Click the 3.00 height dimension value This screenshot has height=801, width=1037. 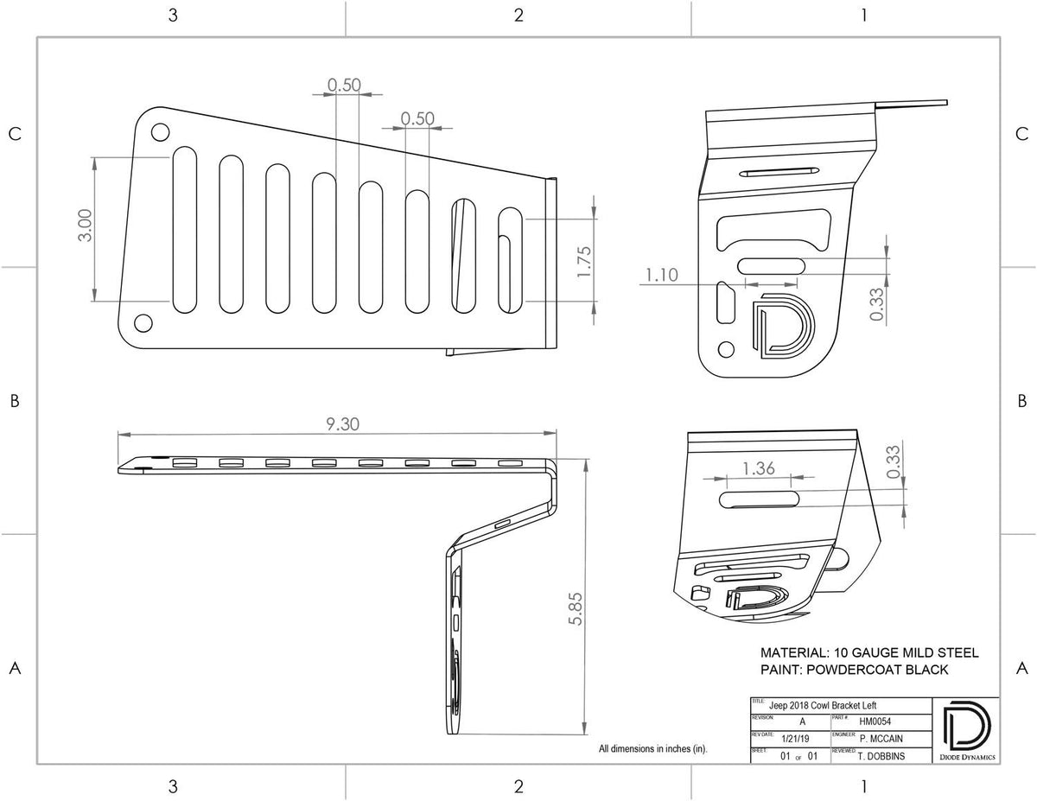point(85,227)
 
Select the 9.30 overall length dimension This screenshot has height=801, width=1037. point(342,423)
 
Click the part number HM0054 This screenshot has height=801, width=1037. point(874,722)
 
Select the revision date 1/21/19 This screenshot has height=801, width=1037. point(795,739)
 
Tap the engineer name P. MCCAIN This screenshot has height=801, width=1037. point(882,739)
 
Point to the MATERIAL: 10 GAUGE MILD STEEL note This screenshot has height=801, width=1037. point(868,652)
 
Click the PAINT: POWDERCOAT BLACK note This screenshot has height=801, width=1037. point(854,670)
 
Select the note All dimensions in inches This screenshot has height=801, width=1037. point(652,749)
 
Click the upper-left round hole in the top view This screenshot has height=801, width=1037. point(160,132)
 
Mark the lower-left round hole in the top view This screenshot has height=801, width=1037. point(143,323)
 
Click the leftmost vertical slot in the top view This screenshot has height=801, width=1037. point(185,229)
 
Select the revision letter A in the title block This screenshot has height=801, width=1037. point(802,722)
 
